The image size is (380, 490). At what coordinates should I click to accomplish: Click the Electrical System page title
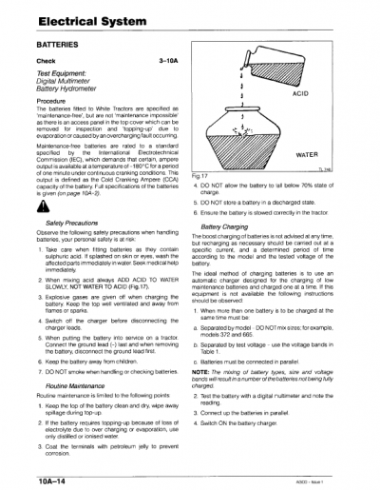pos(85,18)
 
